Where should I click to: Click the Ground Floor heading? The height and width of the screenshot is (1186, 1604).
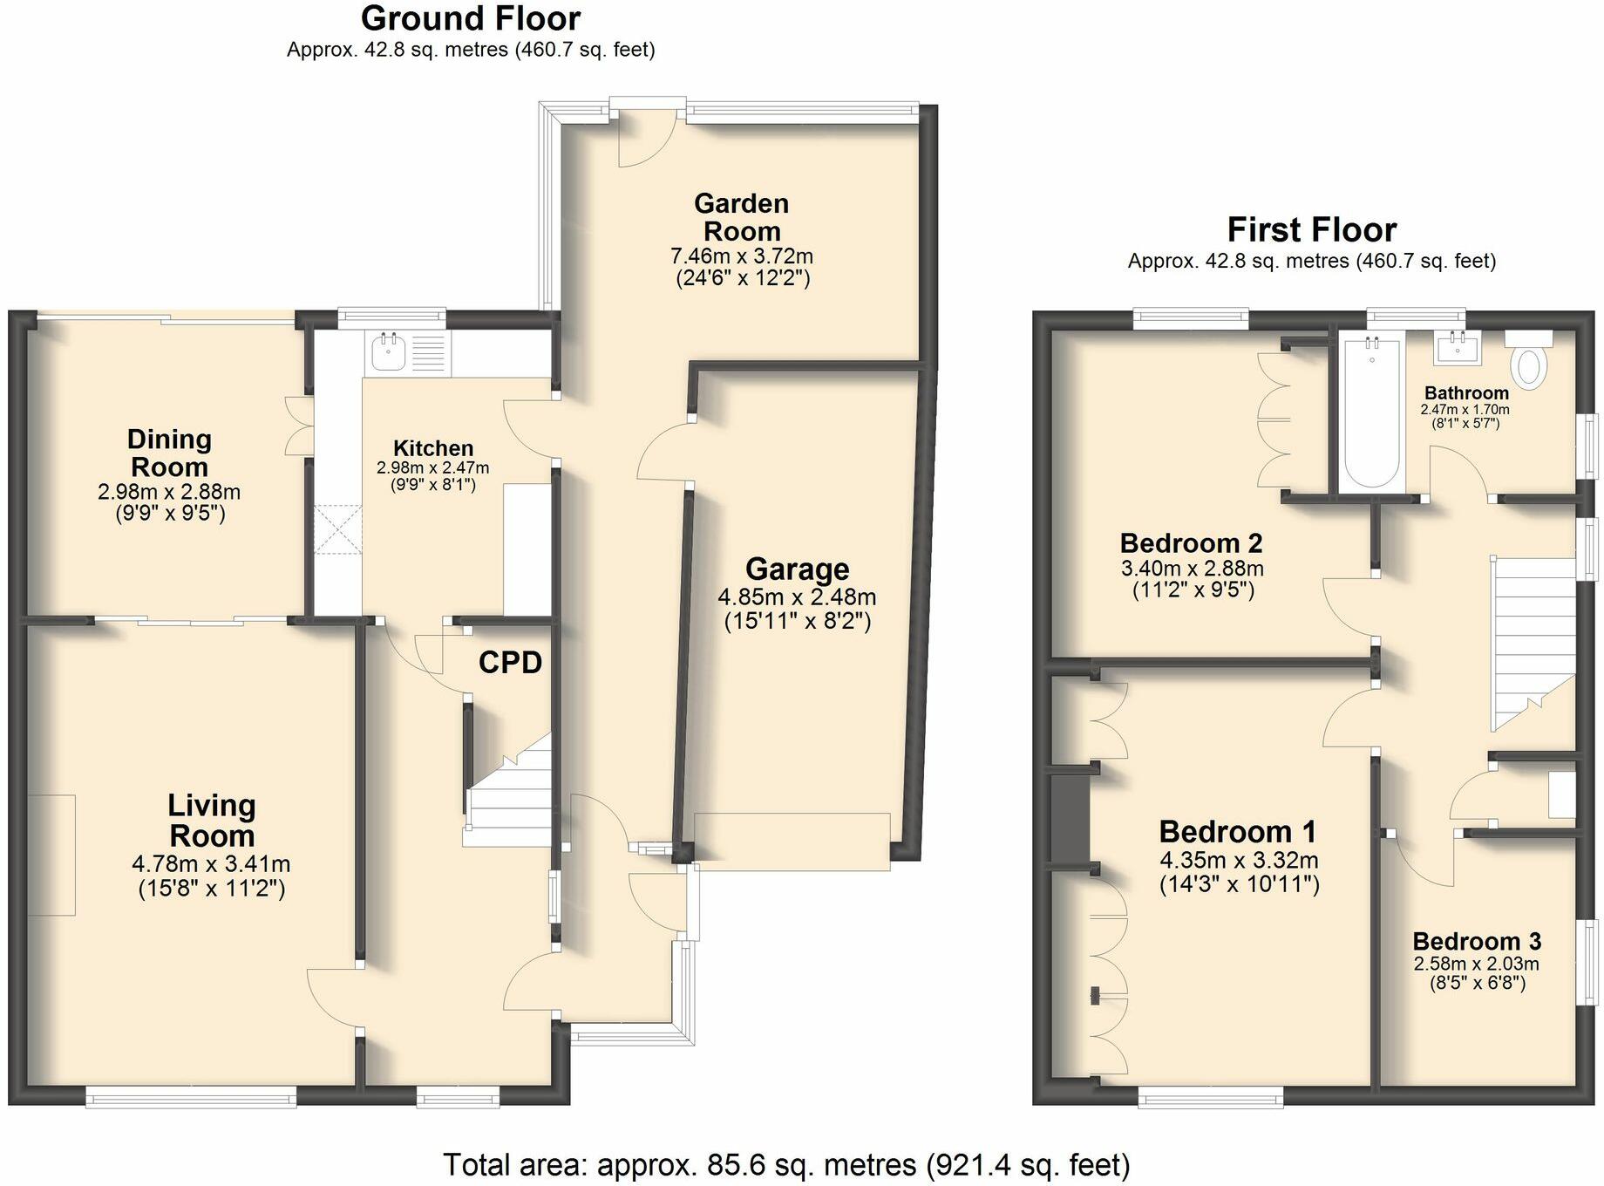[x=471, y=18]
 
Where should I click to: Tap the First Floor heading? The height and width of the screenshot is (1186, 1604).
[x=1311, y=230]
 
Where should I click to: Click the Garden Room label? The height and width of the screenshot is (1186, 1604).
[x=742, y=217]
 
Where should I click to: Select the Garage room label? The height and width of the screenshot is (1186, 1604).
[x=797, y=569]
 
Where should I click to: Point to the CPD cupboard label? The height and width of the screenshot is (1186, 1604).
[x=510, y=663]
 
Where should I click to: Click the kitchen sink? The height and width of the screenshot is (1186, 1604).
[x=386, y=352]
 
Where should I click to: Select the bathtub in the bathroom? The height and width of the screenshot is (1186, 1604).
[x=1372, y=414]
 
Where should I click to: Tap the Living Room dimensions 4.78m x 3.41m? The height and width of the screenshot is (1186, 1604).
[x=211, y=864]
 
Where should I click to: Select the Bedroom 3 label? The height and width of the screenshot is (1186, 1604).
[x=1477, y=942]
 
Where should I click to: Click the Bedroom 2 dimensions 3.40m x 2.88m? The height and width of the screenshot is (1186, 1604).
[x=1192, y=569]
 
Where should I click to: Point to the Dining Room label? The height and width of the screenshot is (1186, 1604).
[x=169, y=453]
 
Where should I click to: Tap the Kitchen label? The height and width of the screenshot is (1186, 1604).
[x=433, y=448]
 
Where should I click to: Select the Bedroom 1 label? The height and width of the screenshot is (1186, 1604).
[x=1237, y=832]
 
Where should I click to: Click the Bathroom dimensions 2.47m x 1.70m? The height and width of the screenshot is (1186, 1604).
[x=1465, y=410]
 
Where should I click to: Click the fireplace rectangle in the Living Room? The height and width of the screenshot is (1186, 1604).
[x=51, y=855]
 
